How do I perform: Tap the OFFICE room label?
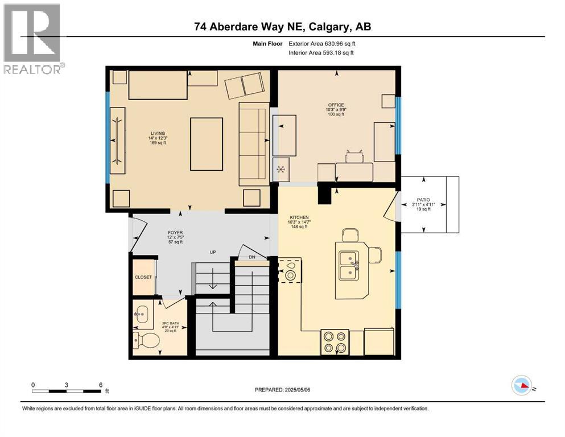336,105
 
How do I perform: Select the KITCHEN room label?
299,217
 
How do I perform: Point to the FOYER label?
175,232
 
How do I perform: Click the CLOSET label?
143,277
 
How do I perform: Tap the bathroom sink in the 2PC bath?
142,315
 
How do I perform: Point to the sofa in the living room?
254,144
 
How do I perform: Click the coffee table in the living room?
207,144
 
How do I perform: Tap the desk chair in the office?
354,156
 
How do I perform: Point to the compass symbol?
522,385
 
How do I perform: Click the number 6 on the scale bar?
101,385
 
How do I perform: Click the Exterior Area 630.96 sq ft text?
324,43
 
